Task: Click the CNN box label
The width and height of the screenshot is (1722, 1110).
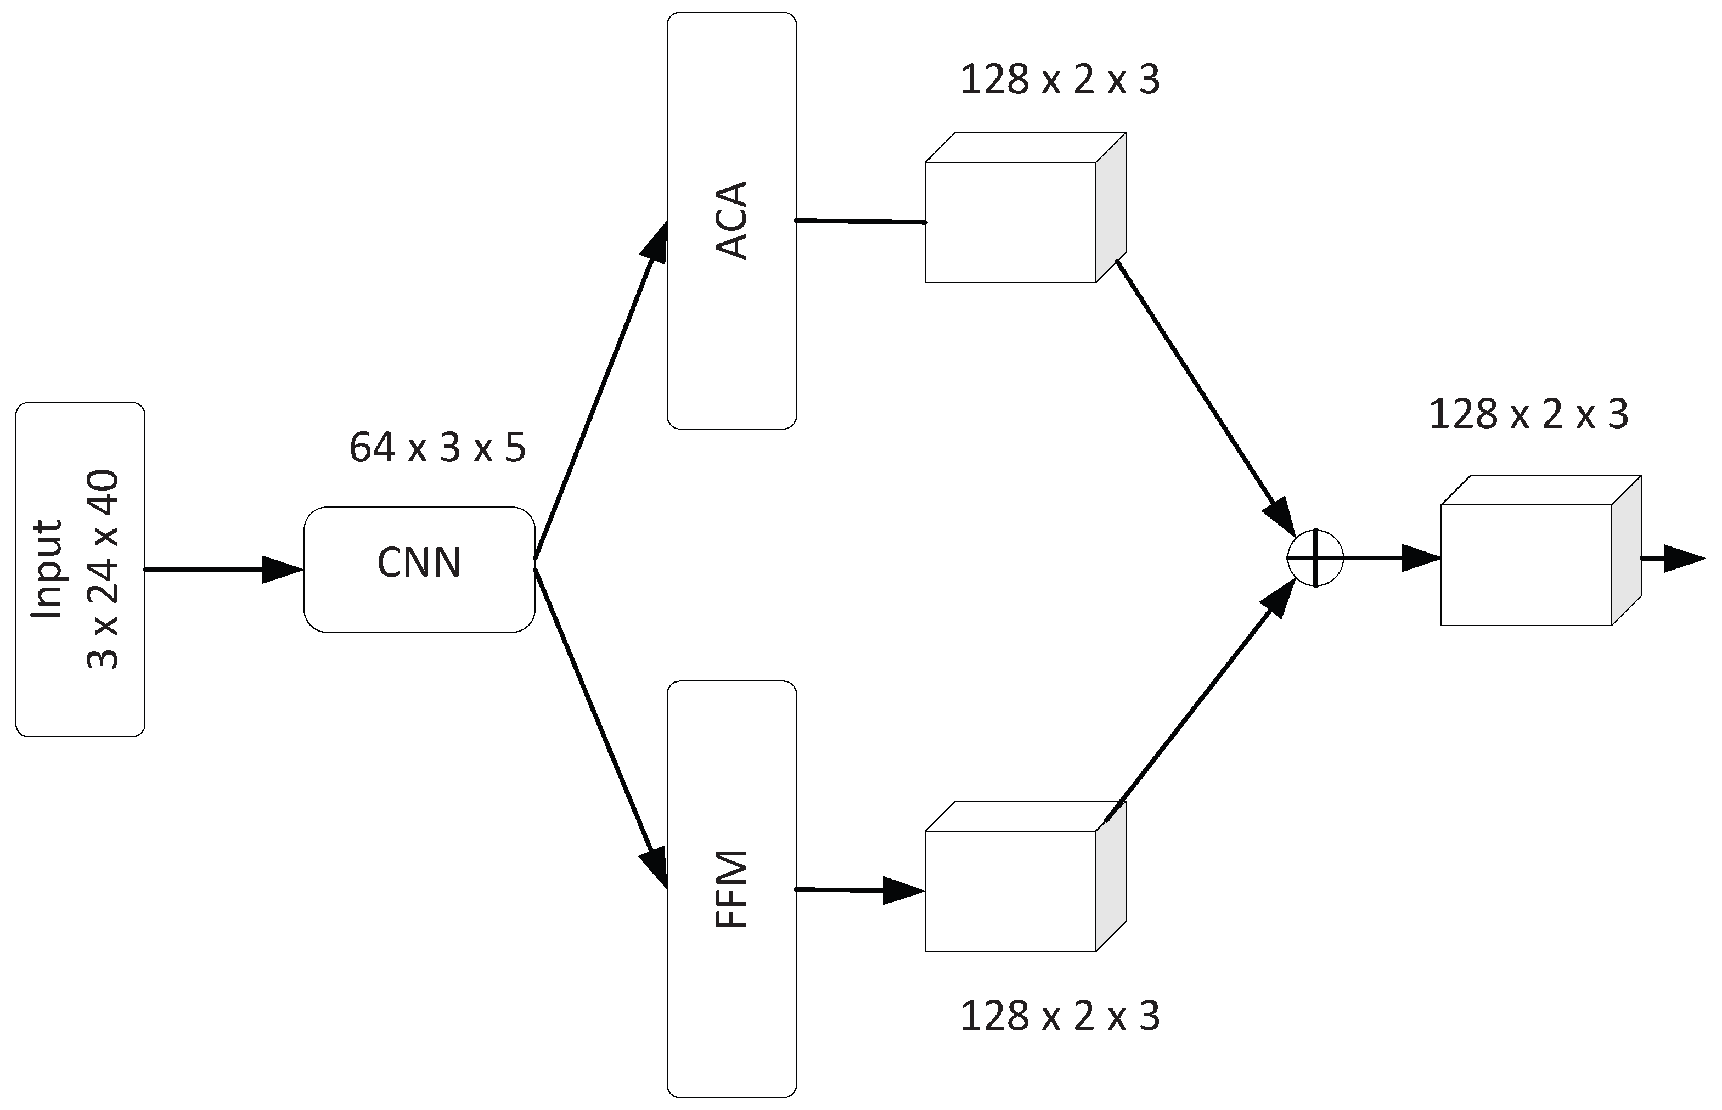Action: [x=419, y=563]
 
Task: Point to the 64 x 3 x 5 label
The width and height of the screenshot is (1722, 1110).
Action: [x=437, y=448]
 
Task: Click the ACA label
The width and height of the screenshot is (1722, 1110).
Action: [x=731, y=220]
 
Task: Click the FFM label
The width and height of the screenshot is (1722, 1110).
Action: [x=731, y=889]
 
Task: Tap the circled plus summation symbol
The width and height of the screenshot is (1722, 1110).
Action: [x=1315, y=558]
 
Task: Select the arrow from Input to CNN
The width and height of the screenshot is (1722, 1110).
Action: [x=223, y=570]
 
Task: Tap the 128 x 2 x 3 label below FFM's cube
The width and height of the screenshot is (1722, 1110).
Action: [x=1060, y=1016]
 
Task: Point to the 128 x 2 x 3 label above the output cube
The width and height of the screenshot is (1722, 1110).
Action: [x=1528, y=414]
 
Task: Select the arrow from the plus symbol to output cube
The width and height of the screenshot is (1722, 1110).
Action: [x=1391, y=558]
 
